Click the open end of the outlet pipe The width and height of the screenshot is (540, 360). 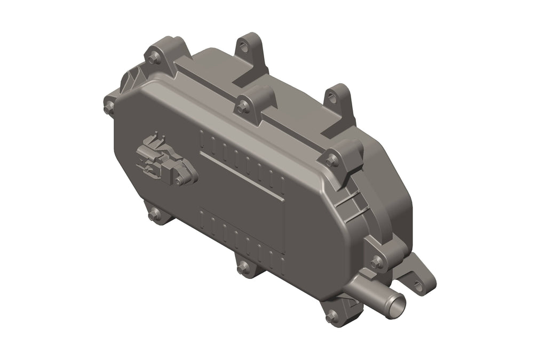(397, 306)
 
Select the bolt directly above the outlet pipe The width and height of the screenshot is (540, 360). (377, 262)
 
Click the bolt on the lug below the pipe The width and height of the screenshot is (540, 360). (332, 318)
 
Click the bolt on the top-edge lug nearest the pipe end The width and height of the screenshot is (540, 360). (331, 159)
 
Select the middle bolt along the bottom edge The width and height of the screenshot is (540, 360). (243, 267)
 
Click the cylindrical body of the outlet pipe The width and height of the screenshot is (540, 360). (368, 293)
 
